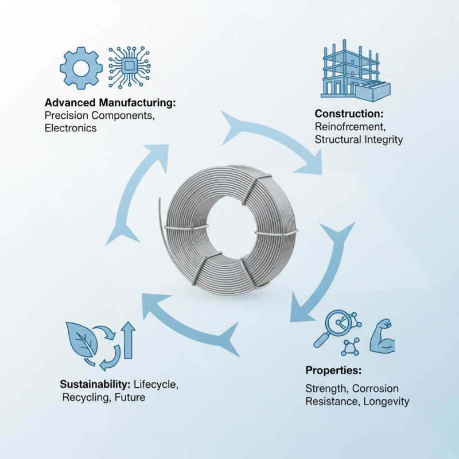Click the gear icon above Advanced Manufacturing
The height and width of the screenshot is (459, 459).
pyautogui.click(x=81, y=67)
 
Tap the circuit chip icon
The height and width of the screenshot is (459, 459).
pyautogui.click(x=129, y=67)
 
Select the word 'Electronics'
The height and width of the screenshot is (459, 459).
pyautogui.click(x=70, y=129)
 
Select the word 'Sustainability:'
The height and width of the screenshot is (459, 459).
pyautogui.click(x=95, y=384)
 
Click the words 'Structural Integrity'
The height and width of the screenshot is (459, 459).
pyautogui.click(x=359, y=139)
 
